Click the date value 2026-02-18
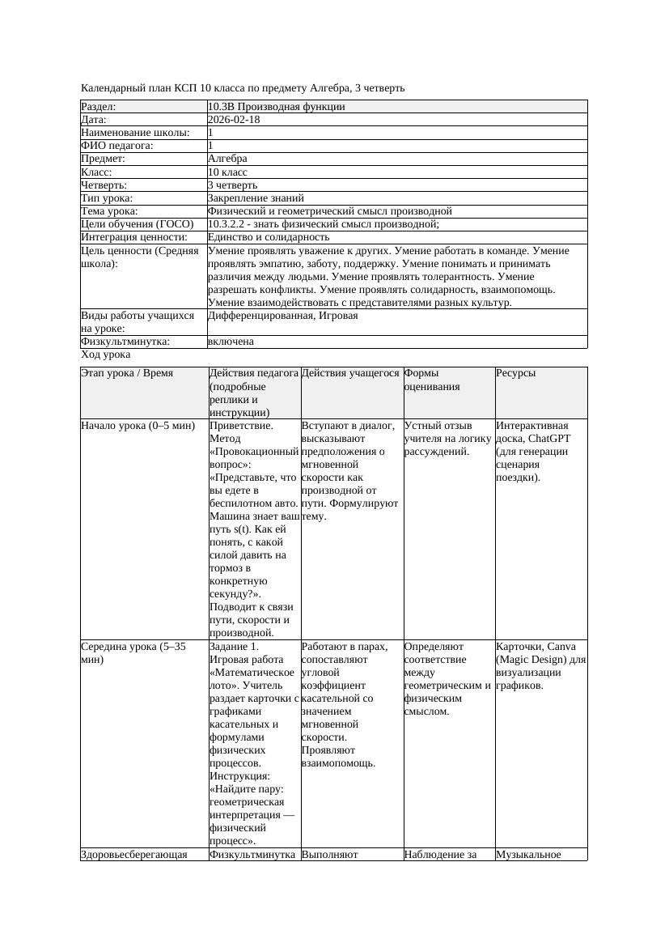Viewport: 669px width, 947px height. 234,120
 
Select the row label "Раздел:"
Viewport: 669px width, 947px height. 99,107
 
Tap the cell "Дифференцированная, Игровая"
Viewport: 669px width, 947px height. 282,316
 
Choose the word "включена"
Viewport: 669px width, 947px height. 231,342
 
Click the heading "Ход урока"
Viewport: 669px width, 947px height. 106,355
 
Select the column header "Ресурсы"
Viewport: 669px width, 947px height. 516,373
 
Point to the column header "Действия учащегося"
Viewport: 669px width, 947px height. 350,373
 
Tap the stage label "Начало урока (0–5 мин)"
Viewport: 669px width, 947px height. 132,425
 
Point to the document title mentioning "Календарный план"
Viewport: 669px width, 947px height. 243,87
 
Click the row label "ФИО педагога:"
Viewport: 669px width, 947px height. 117,146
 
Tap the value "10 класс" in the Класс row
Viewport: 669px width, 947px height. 227,172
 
